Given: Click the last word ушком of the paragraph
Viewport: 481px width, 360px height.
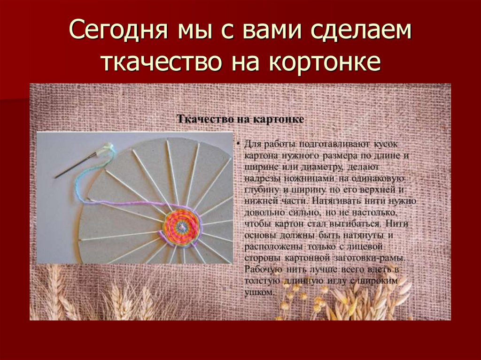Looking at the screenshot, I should click(x=258, y=292).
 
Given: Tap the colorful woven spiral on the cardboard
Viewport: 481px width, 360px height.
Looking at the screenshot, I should click(x=181, y=227).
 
